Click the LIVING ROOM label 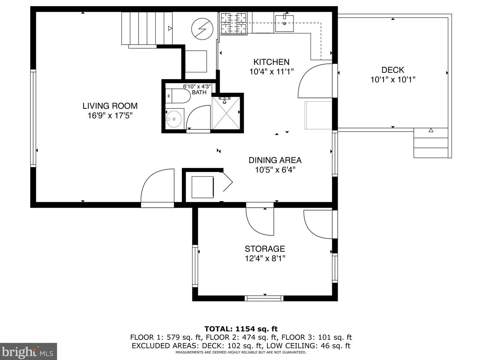[x=110, y=106]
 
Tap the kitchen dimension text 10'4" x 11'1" [x=271, y=72]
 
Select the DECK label [x=393, y=70]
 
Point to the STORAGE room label [x=265, y=249]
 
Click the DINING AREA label [x=275, y=160]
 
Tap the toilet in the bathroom [x=178, y=96]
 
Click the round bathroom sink [x=174, y=119]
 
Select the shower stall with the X [x=226, y=113]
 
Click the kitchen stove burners [x=234, y=23]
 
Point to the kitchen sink [x=284, y=23]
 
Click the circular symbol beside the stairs [x=202, y=29]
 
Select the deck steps [x=431, y=143]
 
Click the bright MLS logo [x=28, y=351]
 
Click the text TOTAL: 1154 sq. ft [x=241, y=329]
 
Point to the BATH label [x=199, y=92]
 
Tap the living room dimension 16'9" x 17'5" [x=110, y=115]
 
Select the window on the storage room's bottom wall [x=264, y=298]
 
